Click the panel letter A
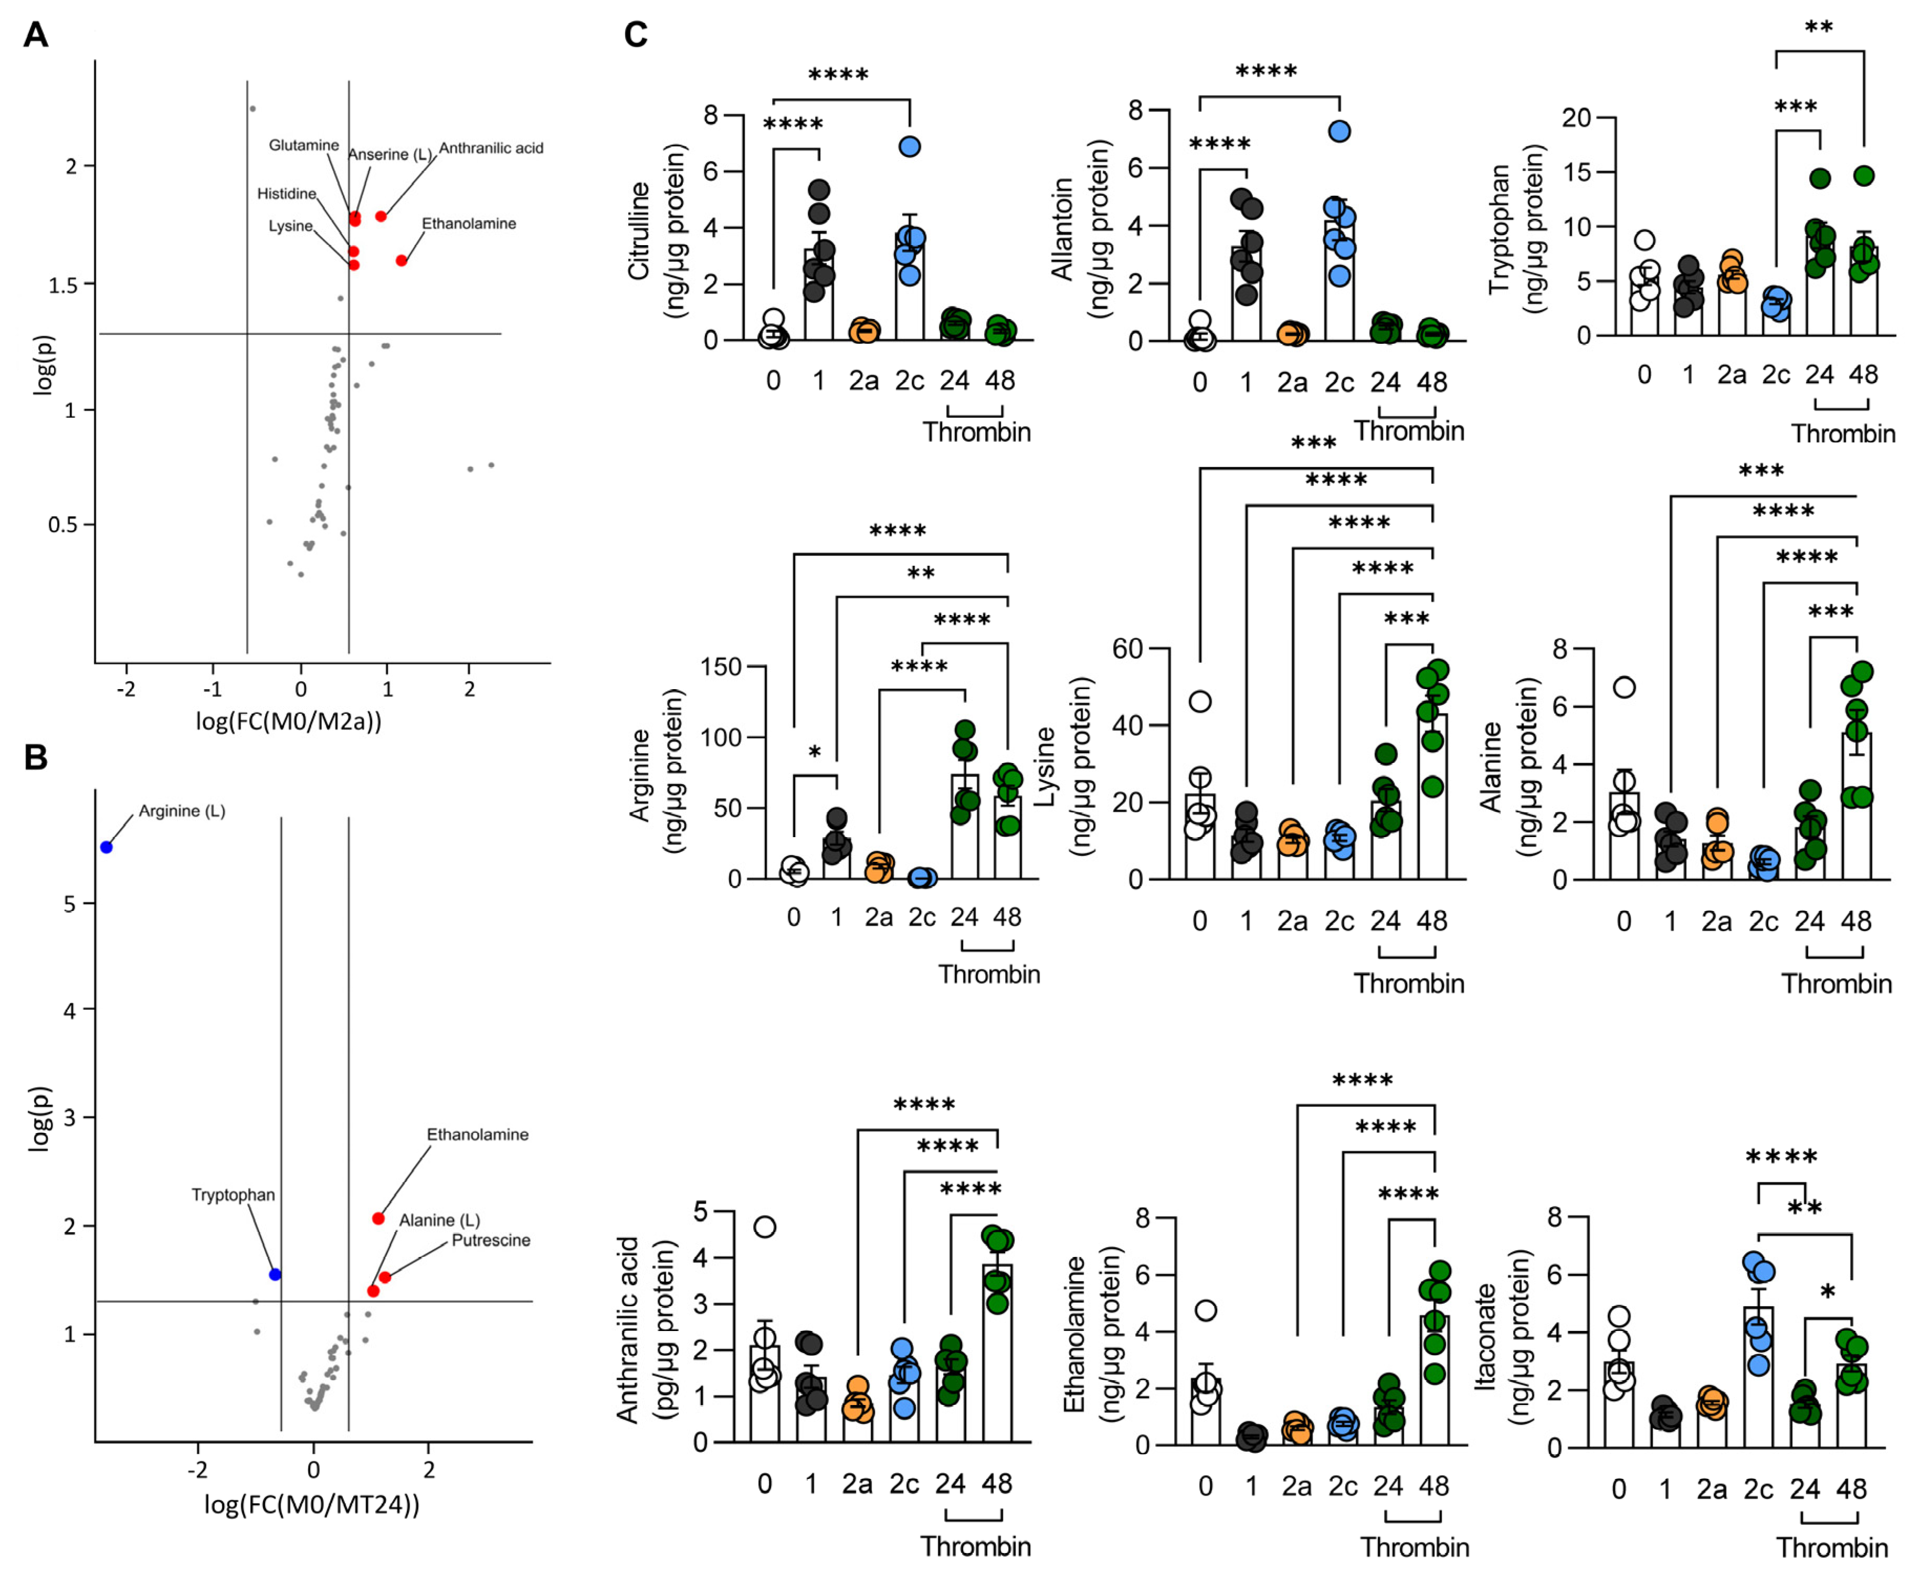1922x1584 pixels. (36, 35)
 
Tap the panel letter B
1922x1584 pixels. (36, 757)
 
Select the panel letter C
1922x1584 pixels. (636, 35)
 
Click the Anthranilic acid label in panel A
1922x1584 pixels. (491, 148)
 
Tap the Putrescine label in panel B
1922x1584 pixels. (491, 1240)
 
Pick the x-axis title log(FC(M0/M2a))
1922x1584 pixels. (288, 721)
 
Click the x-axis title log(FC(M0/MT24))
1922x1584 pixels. (312, 1504)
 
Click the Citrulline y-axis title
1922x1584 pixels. (639, 231)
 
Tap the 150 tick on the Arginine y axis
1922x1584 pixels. (721, 667)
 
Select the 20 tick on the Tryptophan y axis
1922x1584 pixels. (1576, 118)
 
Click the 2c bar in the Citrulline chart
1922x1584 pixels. (910, 288)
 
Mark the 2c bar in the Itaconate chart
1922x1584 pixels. (1759, 1378)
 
